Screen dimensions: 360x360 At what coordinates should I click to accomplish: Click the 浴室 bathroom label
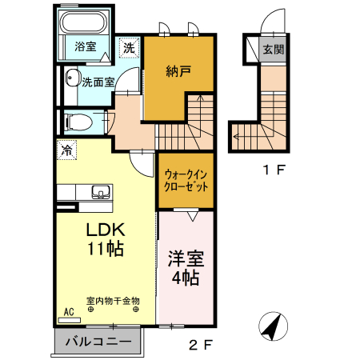tap(85, 46)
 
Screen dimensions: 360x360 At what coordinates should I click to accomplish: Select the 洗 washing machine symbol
tap(129, 47)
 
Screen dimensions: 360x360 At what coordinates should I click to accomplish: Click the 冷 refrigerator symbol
tap(67, 150)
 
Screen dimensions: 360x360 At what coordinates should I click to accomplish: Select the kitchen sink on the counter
tap(101, 192)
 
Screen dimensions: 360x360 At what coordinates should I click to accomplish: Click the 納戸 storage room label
tap(181, 71)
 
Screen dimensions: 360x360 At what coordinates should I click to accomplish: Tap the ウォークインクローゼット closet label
tap(186, 180)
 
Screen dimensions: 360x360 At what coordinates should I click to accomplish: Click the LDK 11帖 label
tap(105, 238)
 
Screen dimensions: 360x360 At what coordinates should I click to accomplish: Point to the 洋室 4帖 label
tap(186, 270)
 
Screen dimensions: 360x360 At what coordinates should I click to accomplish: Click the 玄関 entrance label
tap(274, 49)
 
